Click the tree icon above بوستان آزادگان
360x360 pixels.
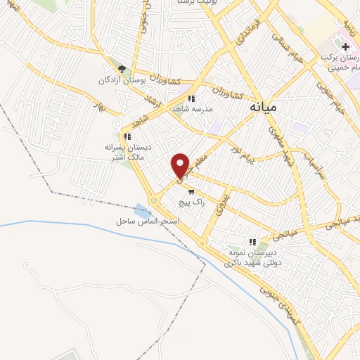coord(122,69)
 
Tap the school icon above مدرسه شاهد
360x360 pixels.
coord(191,99)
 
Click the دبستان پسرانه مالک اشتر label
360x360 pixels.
coord(128,153)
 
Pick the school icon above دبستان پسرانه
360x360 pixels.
coord(127,136)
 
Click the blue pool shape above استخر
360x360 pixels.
coord(143,209)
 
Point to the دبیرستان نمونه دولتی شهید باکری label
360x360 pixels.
coord(251,257)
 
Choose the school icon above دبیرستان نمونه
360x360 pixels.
coord(251,242)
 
